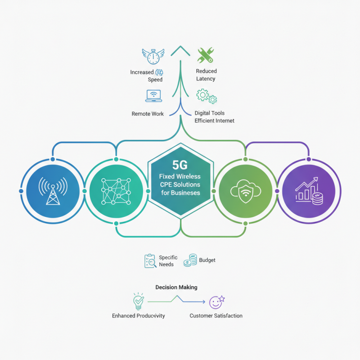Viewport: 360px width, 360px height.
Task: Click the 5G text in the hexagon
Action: point(180,165)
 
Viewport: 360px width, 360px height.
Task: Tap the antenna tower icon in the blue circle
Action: point(53,191)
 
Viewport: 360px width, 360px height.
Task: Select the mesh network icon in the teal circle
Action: point(116,191)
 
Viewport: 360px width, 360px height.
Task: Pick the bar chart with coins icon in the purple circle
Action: point(309,191)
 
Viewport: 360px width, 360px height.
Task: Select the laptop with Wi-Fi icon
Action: point(153,96)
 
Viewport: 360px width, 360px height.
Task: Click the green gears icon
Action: point(207,96)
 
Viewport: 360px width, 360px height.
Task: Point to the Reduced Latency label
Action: point(206,75)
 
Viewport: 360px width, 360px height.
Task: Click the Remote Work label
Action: point(148,114)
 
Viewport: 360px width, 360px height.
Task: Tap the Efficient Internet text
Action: point(214,121)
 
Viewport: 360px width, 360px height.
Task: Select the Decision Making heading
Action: point(176,287)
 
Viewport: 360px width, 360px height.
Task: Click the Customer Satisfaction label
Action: point(216,316)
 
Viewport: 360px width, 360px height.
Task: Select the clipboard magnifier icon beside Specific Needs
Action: point(150,261)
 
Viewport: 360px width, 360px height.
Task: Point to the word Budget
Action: point(207,260)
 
